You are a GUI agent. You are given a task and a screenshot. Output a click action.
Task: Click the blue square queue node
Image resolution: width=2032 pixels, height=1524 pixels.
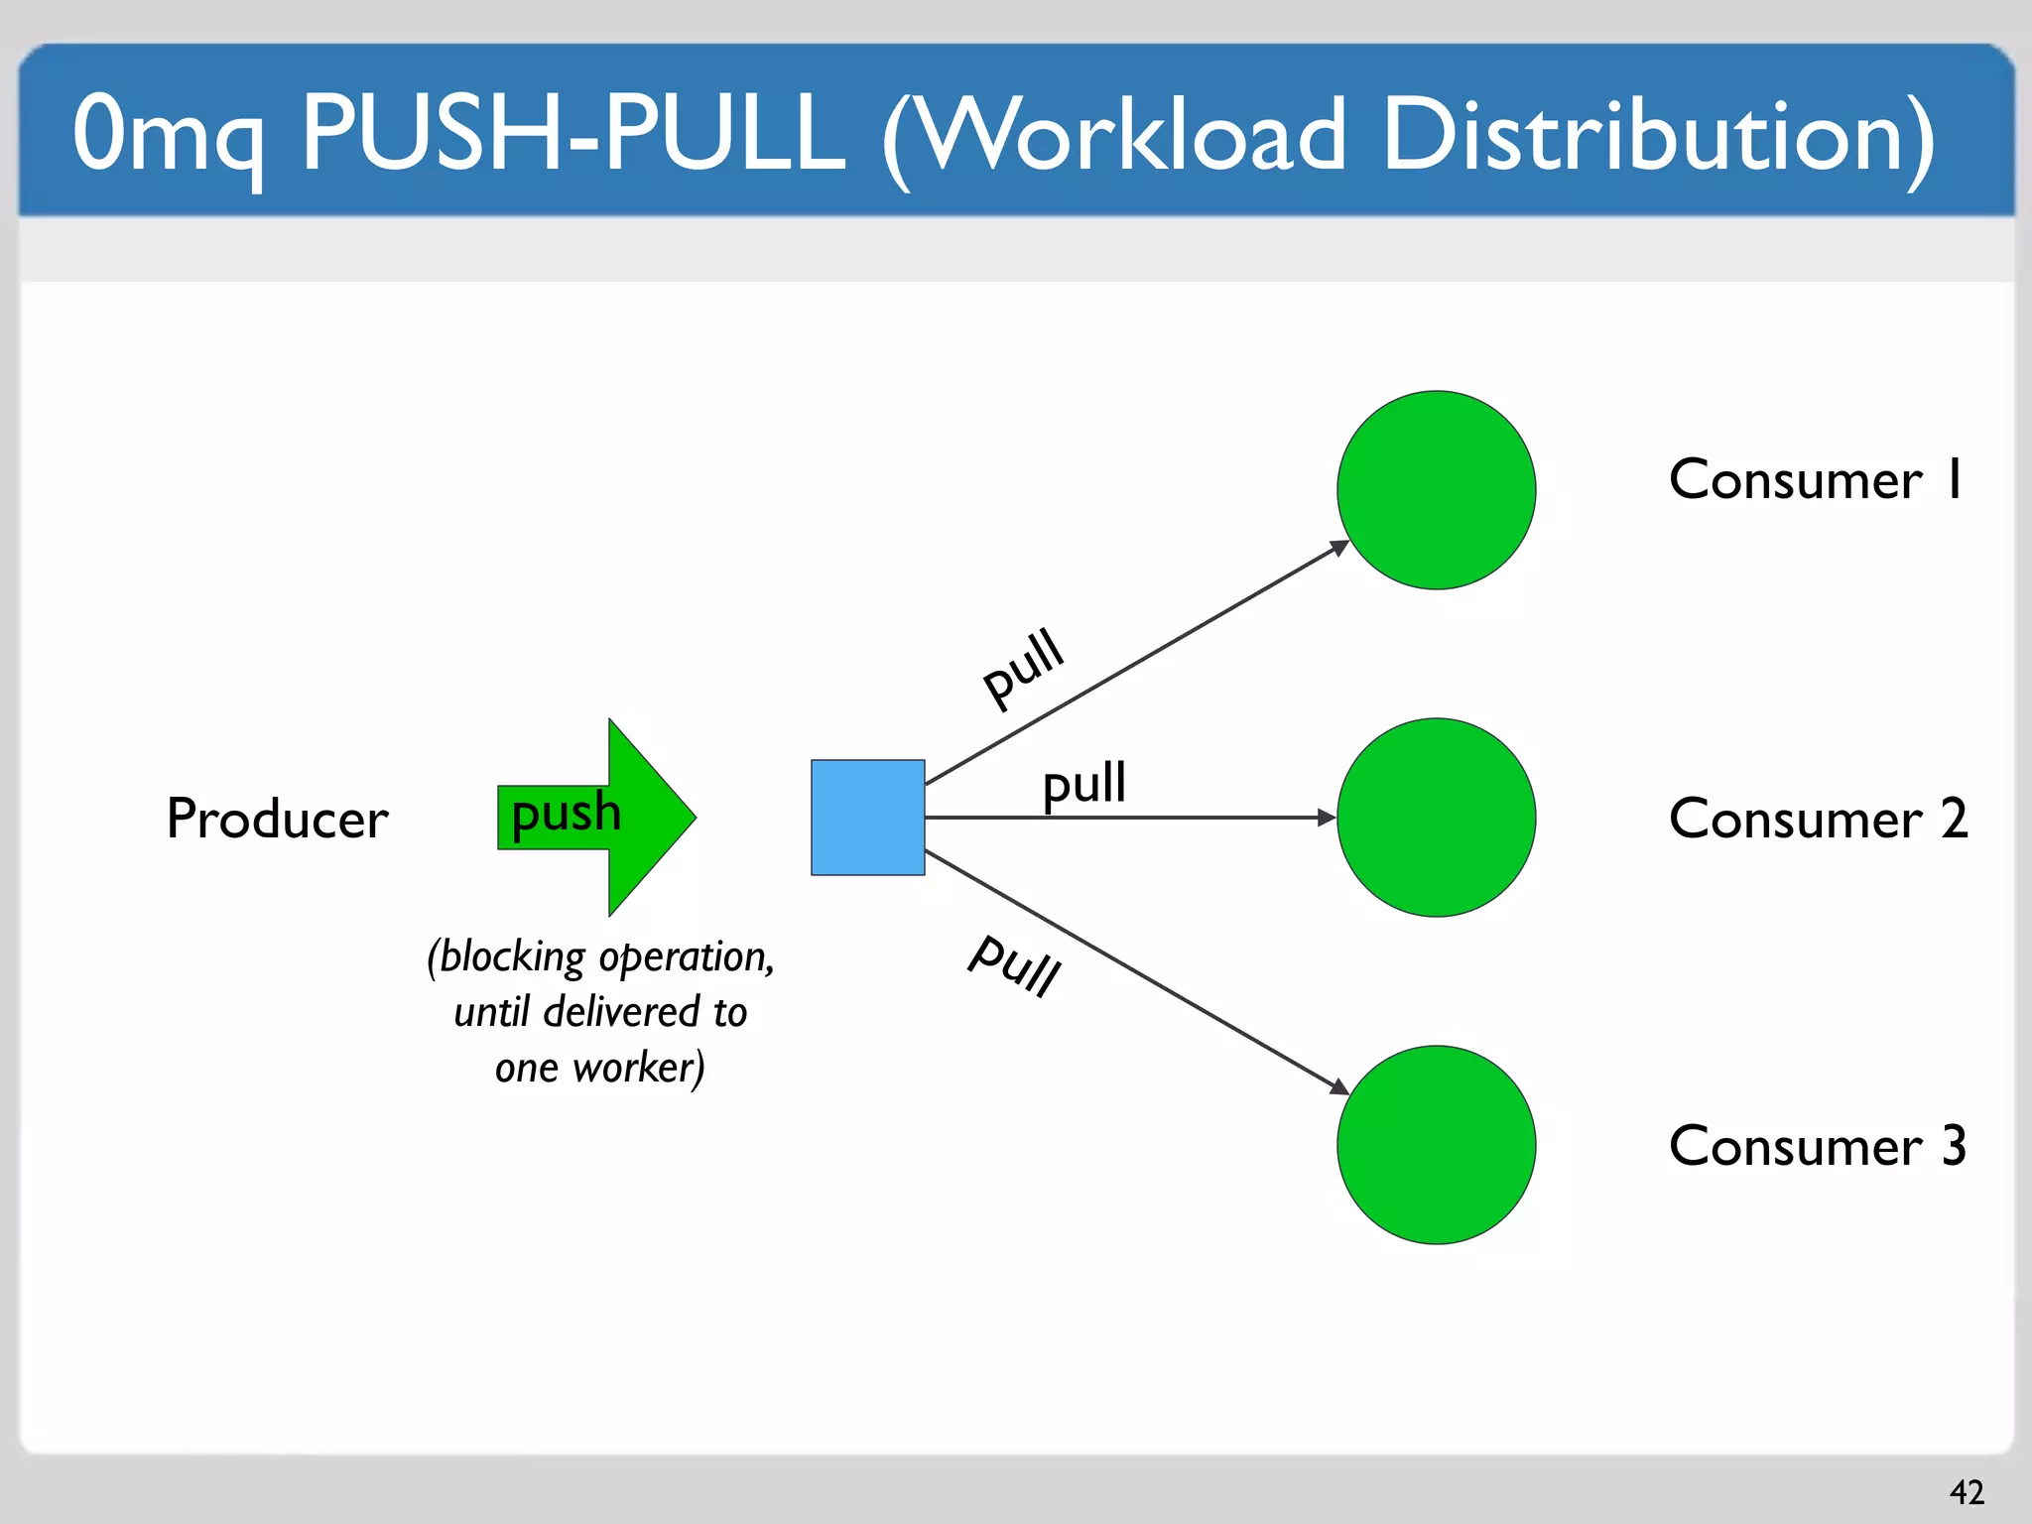pos(868,818)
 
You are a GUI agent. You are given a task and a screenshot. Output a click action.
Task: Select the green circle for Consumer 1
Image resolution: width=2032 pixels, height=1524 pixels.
pos(1436,490)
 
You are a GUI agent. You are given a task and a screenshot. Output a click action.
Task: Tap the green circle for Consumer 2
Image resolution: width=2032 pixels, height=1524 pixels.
pos(1436,818)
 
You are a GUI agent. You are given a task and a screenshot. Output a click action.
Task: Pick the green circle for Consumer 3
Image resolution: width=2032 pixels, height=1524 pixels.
pos(1436,1145)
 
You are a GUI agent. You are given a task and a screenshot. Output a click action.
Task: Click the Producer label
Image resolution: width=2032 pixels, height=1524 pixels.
pos(277,820)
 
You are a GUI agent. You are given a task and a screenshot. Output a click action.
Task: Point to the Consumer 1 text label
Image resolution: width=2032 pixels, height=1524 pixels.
pos(1816,480)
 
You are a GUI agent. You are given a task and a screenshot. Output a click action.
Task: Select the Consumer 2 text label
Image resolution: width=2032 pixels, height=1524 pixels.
pos(1818,820)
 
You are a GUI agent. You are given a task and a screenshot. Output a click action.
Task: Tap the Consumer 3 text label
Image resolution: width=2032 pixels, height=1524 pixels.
pos(1818,1147)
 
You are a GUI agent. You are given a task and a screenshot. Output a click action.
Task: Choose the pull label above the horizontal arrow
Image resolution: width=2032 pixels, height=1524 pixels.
pos(1084,784)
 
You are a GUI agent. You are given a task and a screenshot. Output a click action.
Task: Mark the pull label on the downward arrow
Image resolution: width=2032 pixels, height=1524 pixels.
pos(1015,964)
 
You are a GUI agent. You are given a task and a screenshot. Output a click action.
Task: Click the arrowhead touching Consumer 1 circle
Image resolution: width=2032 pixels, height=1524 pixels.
pos(1339,548)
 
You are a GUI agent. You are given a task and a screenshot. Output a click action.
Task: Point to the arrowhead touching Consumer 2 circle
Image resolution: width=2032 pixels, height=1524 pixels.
pos(1327,818)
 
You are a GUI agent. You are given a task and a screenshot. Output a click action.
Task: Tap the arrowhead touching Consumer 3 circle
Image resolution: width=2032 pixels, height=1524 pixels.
pos(1339,1087)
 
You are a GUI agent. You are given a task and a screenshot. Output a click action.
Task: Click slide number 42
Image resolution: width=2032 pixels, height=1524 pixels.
pos(1967,1491)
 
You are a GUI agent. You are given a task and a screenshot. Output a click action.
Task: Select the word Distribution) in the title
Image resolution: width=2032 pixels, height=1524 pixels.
pos(1657,135)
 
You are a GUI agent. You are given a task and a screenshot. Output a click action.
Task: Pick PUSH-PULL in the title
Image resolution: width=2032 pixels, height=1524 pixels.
pos(573,133)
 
